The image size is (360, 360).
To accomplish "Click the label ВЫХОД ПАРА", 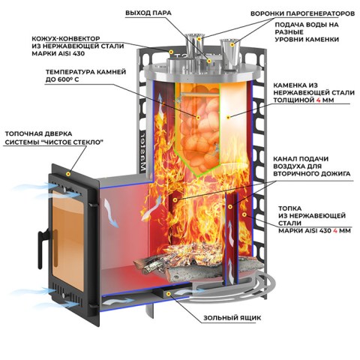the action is [x=148, y=13].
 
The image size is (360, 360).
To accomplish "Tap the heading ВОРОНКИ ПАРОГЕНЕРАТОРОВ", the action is [x=302, y=13].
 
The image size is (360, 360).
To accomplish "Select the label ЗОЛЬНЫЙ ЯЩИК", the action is [x=232, y=318].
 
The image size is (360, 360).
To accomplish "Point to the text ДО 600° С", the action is [x=62, y=79].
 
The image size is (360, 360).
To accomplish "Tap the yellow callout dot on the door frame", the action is [x=68, y=174].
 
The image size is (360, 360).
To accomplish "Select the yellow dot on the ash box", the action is [x=169, y=294].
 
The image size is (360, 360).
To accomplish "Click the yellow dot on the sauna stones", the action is [x=198, y=117].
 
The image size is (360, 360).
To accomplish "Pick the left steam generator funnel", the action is [x=194, y=51].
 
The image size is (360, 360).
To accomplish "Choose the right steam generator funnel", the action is [x=230, y=55].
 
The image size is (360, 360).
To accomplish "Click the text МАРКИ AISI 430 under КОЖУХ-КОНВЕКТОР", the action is [x=58, y=53].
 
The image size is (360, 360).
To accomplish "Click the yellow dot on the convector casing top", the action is [x=171, y=52].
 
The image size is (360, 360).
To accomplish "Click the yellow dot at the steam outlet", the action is [x=209, y=61].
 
